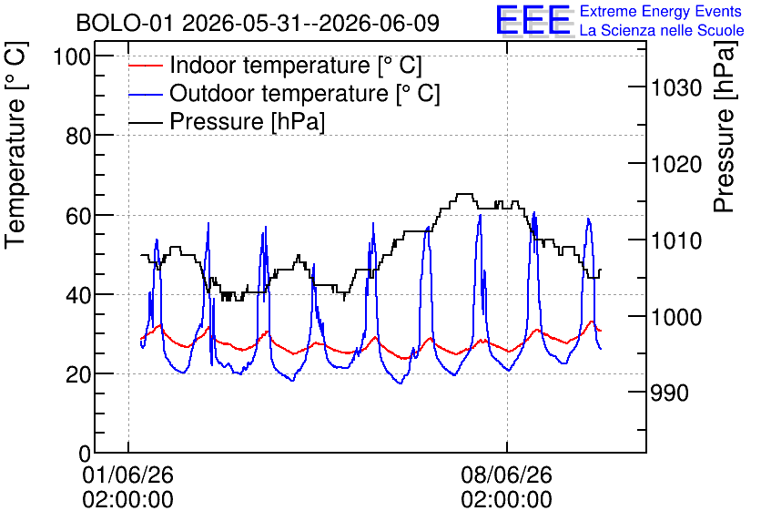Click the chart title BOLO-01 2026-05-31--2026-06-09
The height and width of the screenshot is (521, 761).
pos(258,23)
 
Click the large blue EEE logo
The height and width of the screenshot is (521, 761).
pos(533,20)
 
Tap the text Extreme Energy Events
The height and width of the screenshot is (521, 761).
pos(661,11)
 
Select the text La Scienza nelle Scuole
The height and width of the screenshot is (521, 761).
pos(662,30)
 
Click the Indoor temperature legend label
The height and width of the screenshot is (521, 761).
pos(296,65)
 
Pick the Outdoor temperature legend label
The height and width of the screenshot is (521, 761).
pos(305,93)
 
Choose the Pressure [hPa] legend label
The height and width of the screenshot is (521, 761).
pos(247,121)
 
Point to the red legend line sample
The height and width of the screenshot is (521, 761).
pos(146,66)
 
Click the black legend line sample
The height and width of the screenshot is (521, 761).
pos(146,122)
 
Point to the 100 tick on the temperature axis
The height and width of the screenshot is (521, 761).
pos(72,56)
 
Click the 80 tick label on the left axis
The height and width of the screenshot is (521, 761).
pos(78,136)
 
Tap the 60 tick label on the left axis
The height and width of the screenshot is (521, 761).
pos(78,216)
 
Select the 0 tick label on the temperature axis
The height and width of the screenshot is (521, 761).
pos(85,454)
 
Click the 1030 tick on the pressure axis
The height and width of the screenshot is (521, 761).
pos(676,87)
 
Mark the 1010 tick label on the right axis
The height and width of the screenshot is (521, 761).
pos(676,240)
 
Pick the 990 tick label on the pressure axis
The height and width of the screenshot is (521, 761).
pos(669,393)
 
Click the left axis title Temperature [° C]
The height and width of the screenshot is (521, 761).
pos(16,145)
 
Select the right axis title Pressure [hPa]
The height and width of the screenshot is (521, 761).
pos(725,127)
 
